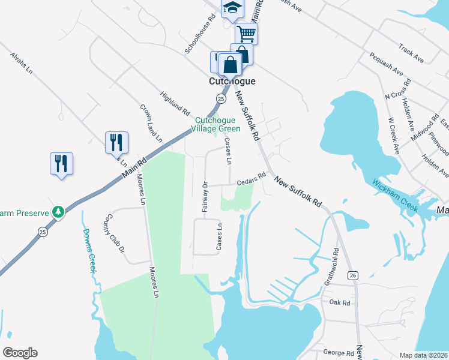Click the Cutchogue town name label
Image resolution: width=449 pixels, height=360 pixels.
232,81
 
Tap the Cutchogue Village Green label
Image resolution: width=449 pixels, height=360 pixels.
217,124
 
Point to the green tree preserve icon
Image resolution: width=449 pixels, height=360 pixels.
58,211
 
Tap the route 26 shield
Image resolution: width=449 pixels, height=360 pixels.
353,275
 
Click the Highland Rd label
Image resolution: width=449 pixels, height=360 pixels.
175,103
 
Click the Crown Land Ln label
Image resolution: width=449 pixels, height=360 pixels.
152,124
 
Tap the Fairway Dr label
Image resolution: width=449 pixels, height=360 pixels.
205,199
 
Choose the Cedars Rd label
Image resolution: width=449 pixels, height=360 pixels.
251,179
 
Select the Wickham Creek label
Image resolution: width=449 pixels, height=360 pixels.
394,194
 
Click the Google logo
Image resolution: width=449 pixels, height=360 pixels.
20,353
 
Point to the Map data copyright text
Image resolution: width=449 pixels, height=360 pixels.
423,355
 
